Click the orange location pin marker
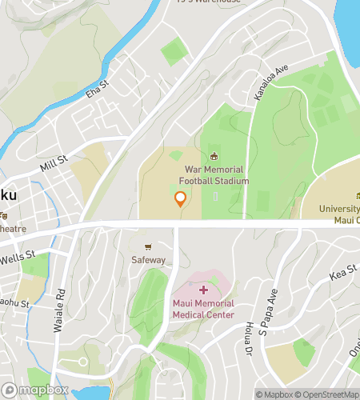181,199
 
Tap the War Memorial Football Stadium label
216,175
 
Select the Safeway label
148,260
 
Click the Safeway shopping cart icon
148,247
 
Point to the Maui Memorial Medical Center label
203,309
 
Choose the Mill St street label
54,164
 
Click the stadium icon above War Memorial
214,157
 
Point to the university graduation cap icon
358,197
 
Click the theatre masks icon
2,214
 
